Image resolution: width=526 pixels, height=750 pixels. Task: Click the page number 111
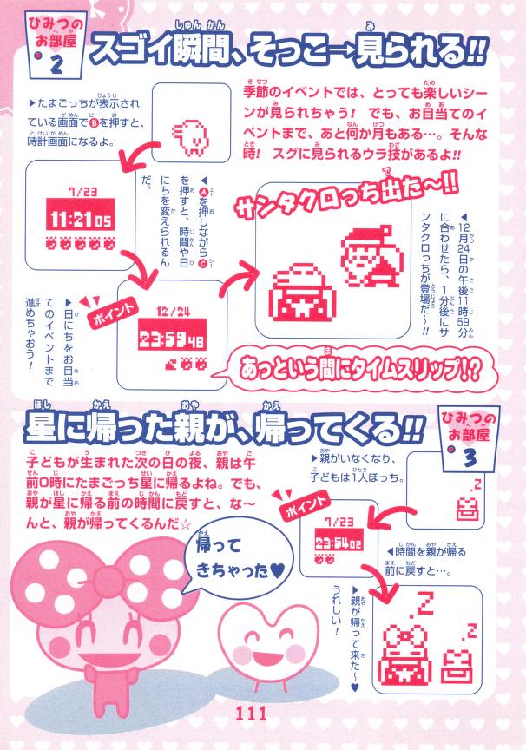click(251, 714)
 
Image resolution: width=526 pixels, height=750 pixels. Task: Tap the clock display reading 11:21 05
click(81, 219)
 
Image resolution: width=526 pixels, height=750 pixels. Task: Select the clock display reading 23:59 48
click(172, 340)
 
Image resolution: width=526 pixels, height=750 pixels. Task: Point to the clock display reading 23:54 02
click(339, 542)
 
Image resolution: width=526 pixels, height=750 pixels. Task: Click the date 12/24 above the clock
click(173, 312)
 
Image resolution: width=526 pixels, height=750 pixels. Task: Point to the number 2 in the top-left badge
click(57, 64)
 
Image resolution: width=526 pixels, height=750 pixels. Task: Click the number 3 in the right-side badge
click(470, 459)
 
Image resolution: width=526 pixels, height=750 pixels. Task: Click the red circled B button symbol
click(94, 123)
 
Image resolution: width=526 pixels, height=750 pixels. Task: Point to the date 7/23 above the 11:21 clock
click(82, 191)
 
